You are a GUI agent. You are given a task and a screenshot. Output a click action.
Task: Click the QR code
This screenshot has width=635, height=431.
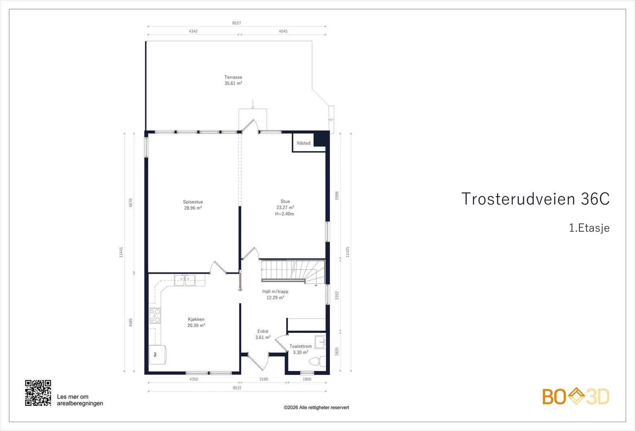coord(38,393)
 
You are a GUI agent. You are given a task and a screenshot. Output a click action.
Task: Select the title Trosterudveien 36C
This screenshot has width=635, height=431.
coord(535,199)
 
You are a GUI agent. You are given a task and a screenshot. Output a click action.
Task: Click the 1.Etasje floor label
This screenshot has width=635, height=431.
coord(589,228)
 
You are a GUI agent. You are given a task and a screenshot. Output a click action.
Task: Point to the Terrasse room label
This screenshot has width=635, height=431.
coord(233,77)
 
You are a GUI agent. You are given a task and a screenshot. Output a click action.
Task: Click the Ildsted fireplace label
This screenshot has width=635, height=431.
coord(304,143)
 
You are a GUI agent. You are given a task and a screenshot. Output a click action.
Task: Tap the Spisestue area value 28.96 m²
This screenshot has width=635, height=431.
coord(193,208)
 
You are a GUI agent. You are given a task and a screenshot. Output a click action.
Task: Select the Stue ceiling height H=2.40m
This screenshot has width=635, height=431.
coord(285,214)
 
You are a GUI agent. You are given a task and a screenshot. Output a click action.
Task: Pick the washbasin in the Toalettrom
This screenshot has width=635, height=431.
coord(321,342)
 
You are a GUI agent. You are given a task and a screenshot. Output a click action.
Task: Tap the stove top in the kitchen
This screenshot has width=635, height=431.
coord(155,316)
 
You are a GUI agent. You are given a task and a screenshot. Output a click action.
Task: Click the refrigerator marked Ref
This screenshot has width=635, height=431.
coord(158,354)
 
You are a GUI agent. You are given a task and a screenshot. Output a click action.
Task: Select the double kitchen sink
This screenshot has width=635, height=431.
coord(185,280)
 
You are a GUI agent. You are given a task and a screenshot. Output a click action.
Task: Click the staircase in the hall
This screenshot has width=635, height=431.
coord(293,272)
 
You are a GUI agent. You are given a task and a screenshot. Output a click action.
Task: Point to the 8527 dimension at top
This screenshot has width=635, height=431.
coord(237,23)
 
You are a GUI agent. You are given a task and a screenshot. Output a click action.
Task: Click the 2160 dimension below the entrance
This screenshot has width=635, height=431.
coord(264,379)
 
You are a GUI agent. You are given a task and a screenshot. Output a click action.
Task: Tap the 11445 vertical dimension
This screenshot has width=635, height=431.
coord(121,252)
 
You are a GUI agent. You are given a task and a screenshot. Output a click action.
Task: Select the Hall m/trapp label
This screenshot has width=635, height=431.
coord(275,292)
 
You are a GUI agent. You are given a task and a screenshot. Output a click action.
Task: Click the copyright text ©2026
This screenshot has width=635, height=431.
coord(316,408)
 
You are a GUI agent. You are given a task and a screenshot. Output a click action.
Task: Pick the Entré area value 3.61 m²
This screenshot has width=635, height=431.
coord(263,337)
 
